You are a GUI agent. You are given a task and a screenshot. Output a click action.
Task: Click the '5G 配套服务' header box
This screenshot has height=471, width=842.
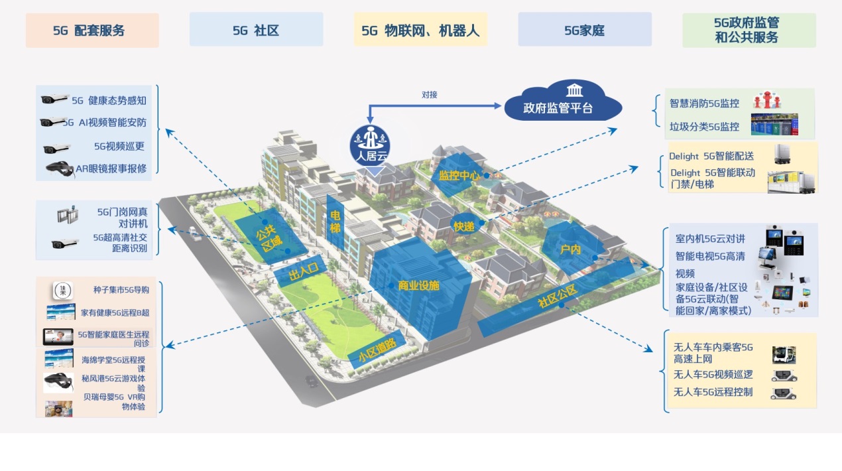pos(92,30)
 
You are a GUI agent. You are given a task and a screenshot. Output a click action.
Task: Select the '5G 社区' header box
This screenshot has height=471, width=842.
pos(256,29)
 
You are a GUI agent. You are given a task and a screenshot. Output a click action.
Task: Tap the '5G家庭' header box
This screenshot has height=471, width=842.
pos(585,29)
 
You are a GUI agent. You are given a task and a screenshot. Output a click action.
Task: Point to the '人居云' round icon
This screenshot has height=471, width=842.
pos(370,145)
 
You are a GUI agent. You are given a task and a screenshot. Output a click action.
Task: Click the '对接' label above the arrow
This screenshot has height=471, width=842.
pos(429,95)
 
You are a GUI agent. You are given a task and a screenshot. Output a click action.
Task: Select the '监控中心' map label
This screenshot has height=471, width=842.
pos(459,175)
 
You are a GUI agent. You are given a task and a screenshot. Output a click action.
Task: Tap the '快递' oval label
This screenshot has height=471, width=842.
pos(464,226)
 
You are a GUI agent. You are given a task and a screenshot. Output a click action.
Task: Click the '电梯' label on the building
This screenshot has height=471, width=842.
pos(335,221)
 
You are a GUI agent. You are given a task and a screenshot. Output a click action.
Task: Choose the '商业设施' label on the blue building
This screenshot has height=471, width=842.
pos(418,286)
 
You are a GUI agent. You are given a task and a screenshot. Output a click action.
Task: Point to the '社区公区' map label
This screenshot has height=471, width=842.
pos(557,296)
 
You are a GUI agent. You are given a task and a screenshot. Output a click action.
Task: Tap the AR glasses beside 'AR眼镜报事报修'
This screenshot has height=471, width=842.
pos(60,169)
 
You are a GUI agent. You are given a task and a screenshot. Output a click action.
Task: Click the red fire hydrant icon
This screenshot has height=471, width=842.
pos(767,100)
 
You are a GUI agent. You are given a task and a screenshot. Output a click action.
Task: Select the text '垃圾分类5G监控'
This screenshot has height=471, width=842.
pos(704,127)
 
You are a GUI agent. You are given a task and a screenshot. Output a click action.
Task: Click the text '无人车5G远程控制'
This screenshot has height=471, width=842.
pos(713,392)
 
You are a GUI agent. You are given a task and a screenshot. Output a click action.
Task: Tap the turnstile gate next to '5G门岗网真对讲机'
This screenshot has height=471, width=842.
pos(68,215)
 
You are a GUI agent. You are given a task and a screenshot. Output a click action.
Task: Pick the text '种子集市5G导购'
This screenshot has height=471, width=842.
pos(121,290)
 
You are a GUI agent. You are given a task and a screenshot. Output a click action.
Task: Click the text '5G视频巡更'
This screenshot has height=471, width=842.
pos(119,146)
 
